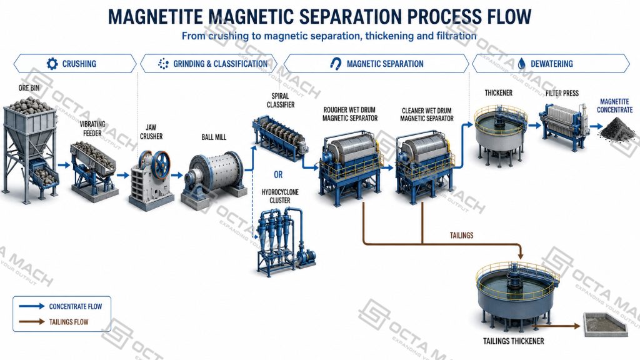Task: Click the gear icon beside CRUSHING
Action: (52, 64)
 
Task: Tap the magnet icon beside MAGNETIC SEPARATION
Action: (336, 64)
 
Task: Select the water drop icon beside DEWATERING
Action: (521, 64)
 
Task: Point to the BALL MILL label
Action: (214, 137)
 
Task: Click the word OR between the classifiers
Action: (278, 175)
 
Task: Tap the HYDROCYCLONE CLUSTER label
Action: (280, 196)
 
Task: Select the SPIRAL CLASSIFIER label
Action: (281, 101)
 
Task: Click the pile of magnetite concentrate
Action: (617, 129)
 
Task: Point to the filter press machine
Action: (564, 124)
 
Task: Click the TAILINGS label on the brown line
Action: (462, 236)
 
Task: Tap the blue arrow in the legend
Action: (32, 306)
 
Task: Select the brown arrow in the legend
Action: (32, 322)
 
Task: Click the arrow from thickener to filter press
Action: (534, 126)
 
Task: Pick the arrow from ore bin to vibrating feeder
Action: (64, 165)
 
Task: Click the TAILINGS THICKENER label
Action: (514, 341)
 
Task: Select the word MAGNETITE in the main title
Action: (155, 17)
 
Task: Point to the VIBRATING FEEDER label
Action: (92, 129)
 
